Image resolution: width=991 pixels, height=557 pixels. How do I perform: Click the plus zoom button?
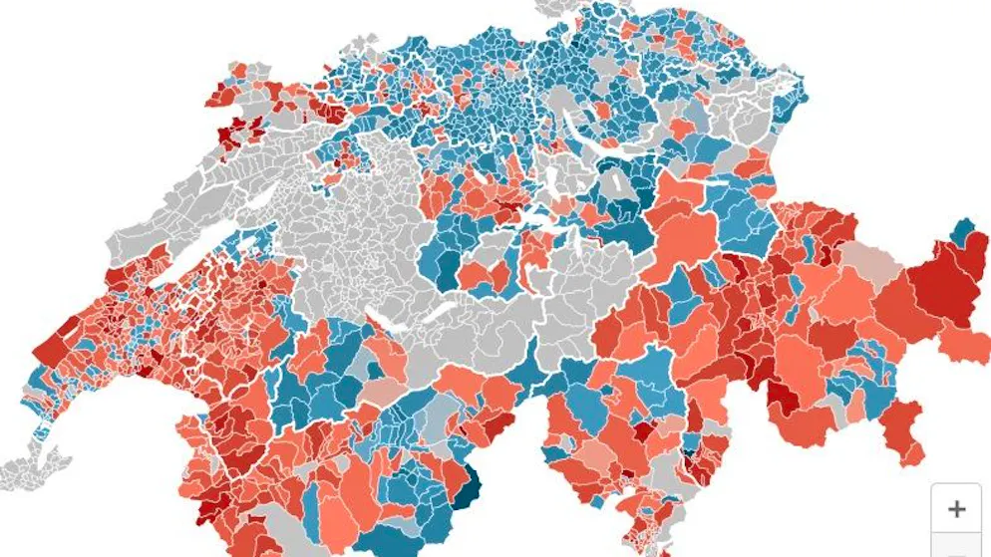(956, 509)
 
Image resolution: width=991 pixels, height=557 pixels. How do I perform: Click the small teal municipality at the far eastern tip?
(963, 231)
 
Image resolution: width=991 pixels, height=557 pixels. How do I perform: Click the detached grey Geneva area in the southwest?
(35, 463)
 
